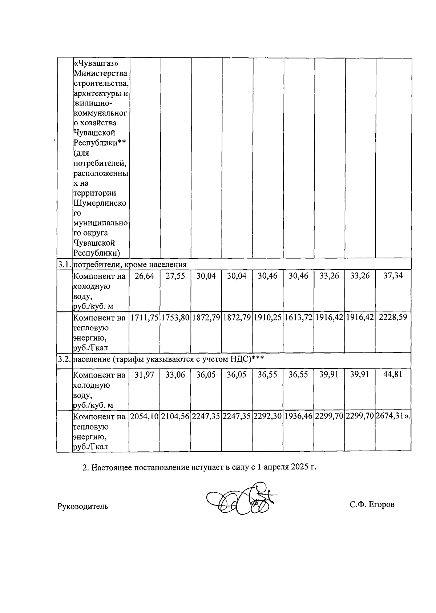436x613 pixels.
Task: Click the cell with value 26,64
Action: (x=144, y=276)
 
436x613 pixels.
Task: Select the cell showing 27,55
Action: (x=175, y=276)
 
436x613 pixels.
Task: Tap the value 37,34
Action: (x=393, y=276)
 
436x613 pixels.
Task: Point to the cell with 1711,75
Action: (x=144, y=318)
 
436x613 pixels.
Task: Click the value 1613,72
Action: (x=298, y=318)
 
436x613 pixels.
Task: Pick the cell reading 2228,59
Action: (x=393, y=317)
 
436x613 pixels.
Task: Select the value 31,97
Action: (x=144, y=375)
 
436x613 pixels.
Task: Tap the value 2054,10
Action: (x=144, y=416)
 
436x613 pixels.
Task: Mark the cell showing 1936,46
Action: (x=298, y=416)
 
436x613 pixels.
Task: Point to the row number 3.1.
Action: (x=64, y=264)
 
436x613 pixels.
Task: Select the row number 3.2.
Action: (x=64, y=359)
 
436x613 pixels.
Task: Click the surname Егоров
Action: (x=381, y=504)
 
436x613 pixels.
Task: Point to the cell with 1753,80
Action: (x=175, y=318)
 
